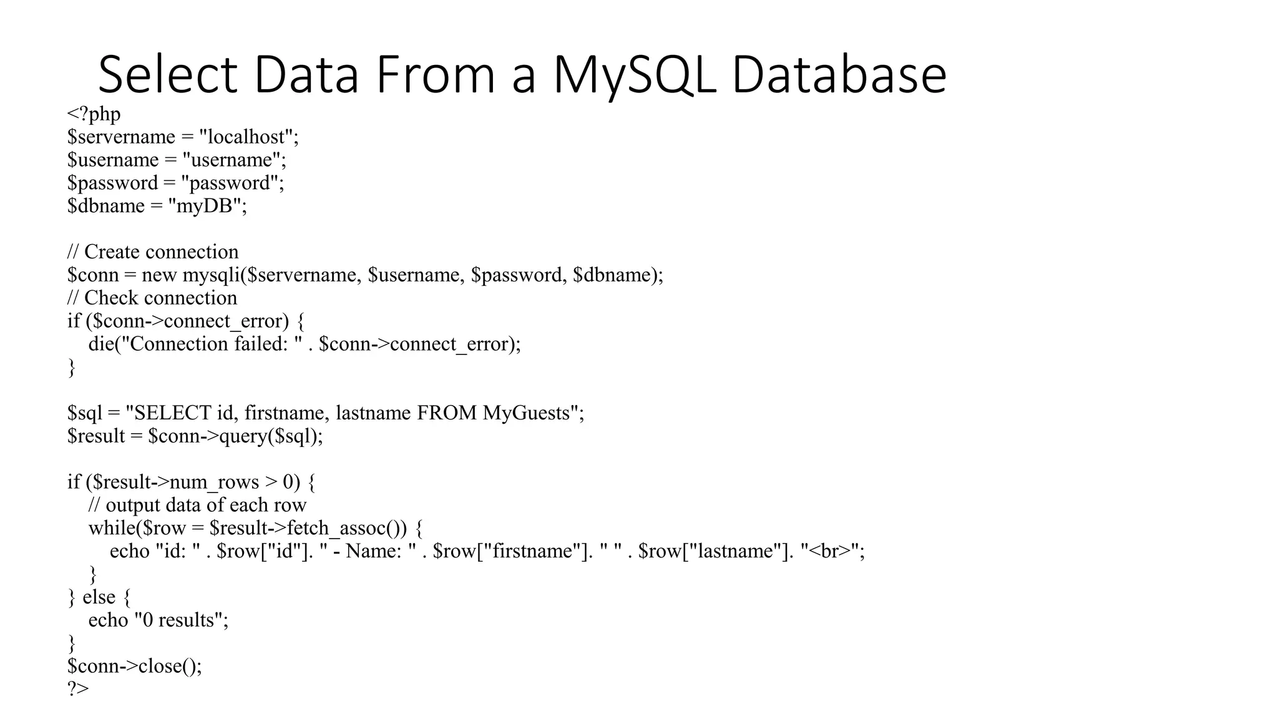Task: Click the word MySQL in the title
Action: coord(634,75)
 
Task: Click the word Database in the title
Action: coord(839,75)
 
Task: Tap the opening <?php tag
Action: coord(94,114)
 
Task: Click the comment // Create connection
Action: coord(153,252)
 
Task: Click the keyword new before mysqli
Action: coord(159,275)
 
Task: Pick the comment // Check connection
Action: coord(152,298)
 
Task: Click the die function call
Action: coord(101,344)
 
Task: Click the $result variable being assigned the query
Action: coord(96,436)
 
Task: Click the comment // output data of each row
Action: coord(197,505)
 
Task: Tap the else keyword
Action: coord(99,597)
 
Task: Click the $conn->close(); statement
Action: coord(135,667)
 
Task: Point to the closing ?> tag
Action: coord(78,689)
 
